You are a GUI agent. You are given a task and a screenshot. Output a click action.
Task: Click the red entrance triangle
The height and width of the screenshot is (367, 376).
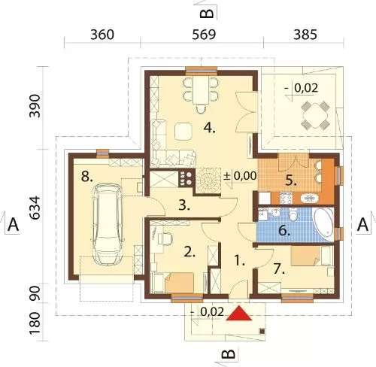coord(238,314)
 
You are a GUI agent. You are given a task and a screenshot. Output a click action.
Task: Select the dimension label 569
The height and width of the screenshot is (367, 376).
coord(204,35)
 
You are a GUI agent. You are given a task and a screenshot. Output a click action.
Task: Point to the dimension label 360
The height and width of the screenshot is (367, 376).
coord(102,35)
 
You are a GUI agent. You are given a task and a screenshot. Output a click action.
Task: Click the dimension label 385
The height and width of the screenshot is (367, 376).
coord(305,35)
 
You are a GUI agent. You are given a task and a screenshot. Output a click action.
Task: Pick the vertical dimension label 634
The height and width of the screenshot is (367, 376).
coord(35,208)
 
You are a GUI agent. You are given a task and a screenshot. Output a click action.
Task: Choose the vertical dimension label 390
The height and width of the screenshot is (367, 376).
coord(35,106)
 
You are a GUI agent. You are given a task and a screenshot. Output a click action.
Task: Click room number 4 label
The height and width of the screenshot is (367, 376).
coord(210,129)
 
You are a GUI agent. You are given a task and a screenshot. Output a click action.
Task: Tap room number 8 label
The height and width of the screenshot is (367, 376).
coord(87,177)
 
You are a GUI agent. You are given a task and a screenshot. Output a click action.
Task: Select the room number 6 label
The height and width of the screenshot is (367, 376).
coord(284,230)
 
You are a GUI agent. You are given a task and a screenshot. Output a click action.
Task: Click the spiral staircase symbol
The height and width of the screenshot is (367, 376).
coord(208,180)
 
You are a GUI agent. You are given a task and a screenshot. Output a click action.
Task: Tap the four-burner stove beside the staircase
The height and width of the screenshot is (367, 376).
coord(186,178)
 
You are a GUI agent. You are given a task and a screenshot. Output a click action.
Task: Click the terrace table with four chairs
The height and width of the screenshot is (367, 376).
coord(315,115)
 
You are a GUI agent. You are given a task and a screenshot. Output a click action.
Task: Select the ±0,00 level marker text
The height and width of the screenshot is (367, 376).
coord(240,176)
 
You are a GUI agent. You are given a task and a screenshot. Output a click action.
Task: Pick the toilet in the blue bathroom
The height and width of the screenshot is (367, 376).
coord(293,214)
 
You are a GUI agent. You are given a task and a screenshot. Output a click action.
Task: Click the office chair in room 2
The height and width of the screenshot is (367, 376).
coord(166,238)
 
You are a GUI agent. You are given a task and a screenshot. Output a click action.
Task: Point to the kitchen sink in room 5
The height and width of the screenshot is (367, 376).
coord(310,199)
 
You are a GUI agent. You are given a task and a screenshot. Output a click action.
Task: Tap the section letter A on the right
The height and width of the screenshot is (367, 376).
coord(362,224)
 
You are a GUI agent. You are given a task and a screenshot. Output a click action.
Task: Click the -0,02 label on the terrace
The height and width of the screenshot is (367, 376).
coord(302,88)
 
